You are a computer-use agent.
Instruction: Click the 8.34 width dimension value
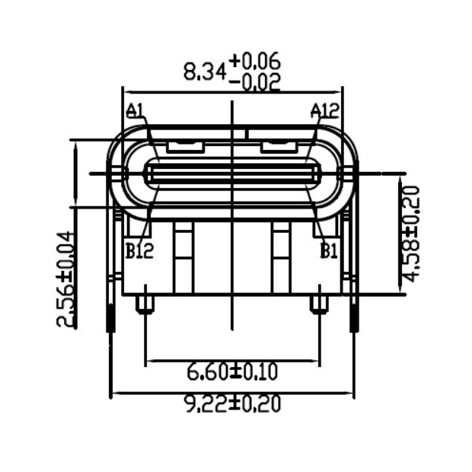(204, 72)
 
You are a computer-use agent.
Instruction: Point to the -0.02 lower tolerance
(254, 81)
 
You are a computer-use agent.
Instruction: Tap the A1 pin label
(135, 113)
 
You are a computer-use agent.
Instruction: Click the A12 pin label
(324, 112)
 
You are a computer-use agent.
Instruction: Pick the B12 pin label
(139, 250)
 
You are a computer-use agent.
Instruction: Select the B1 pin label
(328, 250)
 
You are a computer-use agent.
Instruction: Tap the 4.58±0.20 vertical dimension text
(412, 233)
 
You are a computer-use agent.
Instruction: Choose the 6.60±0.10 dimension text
(232, 372)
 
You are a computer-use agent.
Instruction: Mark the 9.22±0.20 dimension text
(232, 404)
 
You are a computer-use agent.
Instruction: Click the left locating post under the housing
(145, 304)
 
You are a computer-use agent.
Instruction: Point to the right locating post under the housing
(319, 304)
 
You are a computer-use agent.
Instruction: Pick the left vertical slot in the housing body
(183, 259)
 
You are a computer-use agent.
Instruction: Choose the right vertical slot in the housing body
(279, 259)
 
